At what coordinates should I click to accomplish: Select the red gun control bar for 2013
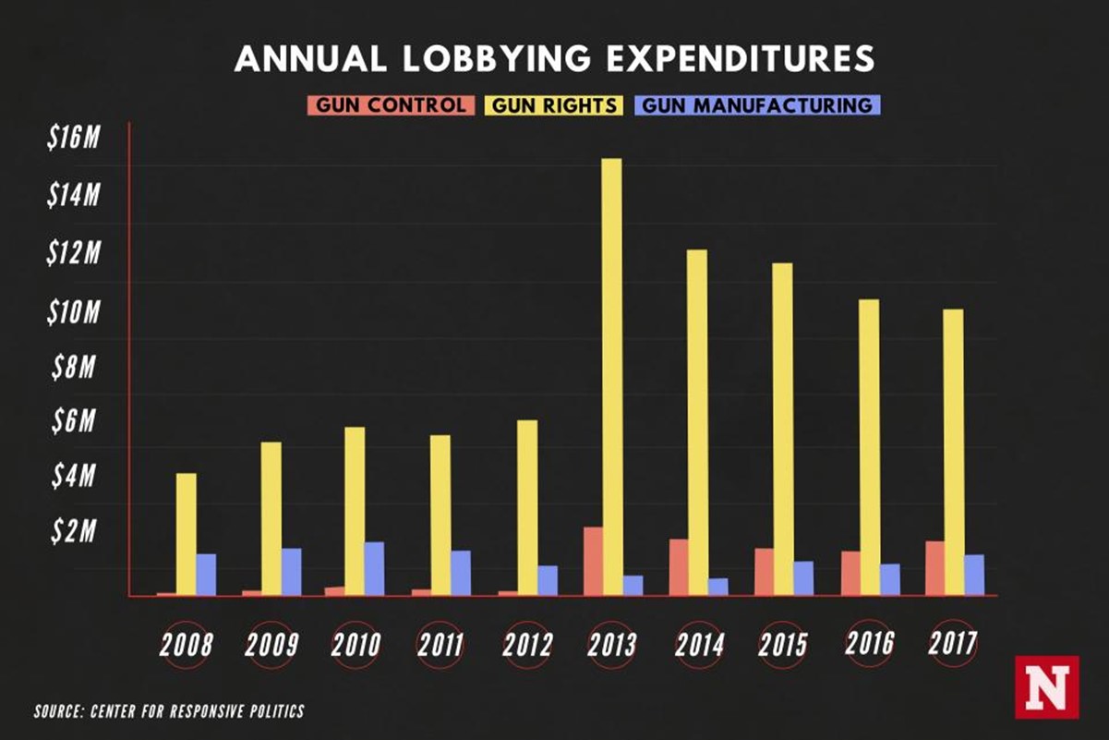[x=593, y=561]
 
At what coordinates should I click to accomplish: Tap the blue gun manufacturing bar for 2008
[x=206, y=575]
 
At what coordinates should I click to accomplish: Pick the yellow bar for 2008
[x=187, y=534]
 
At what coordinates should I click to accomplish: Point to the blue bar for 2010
[x=374, y=568]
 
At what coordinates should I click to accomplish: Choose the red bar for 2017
[x=934, y=568]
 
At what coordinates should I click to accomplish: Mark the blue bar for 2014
[x=718, y=587]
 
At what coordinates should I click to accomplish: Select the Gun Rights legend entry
[x=551, y=104]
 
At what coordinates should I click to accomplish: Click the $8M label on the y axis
[x=74, y=369]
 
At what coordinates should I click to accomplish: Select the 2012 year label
[x=527, y=644]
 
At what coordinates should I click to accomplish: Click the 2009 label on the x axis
[x=271, y=644]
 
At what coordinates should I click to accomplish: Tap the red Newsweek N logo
[x=1046, y=686]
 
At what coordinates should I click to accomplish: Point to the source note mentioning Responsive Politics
[x=169, y=711]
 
